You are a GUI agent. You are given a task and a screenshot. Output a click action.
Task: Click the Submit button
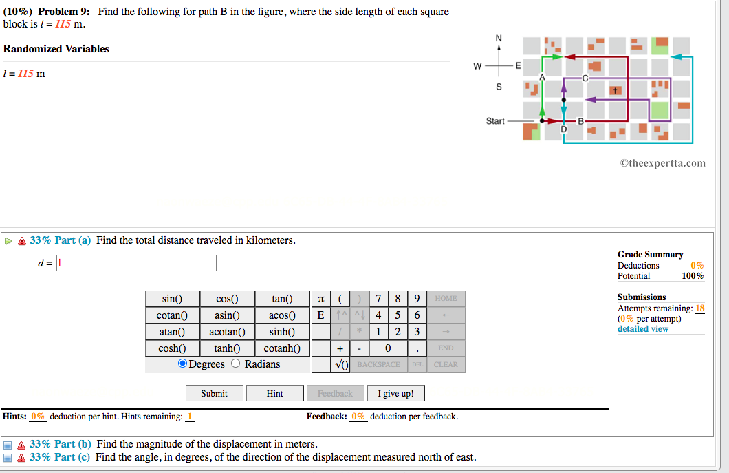point(214,393)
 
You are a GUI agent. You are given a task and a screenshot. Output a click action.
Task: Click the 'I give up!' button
point(395,393)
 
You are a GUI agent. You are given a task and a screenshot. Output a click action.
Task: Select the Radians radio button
point(236,364)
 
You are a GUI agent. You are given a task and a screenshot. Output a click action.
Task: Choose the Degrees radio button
point(183,364)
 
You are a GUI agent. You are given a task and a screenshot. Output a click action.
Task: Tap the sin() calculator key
point(172,299)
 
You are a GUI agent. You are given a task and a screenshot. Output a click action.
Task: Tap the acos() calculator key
point(283,315)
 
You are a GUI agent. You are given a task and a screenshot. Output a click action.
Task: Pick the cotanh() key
point(283,348)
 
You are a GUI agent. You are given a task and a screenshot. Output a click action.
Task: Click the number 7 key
point(380,299)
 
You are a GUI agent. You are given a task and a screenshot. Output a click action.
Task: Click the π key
point(320,299)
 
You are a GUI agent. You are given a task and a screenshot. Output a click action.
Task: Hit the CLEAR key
point(446,364)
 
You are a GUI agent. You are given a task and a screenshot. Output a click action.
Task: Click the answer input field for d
point(136,263)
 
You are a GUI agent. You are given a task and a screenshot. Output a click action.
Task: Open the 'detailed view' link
point(642,329)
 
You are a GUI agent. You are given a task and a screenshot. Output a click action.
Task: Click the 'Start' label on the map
point(495,121)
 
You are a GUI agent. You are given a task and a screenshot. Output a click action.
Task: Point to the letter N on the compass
point(499,37)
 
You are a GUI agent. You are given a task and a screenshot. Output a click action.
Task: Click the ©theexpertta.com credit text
point(662,163)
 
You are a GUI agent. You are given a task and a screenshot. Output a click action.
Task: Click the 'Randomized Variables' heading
point(56,49)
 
